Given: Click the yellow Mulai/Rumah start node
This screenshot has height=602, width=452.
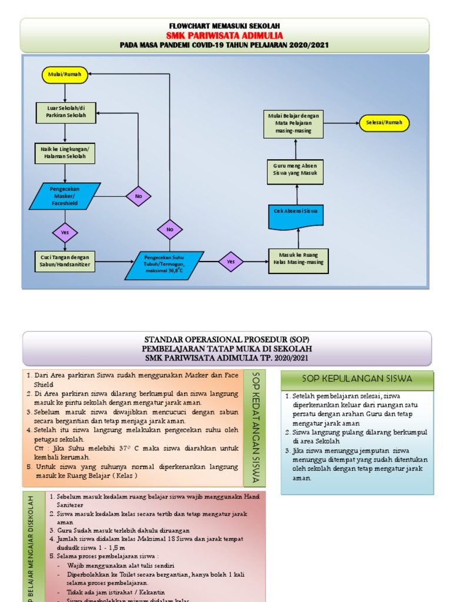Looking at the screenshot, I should pos(65,75).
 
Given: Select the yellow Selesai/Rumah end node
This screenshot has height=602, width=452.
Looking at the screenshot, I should pos(384,123).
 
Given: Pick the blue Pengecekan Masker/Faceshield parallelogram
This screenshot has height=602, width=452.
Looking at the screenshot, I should pos(65,196).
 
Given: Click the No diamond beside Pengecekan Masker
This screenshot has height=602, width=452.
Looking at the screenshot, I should pos(138,196).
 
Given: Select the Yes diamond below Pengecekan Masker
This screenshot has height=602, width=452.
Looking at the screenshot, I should pos(65,232).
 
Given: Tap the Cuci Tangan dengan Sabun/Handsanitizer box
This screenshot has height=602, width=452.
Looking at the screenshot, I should pos(65,261).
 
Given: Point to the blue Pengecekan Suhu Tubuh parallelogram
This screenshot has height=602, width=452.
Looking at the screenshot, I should pos(164,266).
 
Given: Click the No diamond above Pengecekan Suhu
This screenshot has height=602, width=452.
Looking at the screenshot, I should pos(169,229).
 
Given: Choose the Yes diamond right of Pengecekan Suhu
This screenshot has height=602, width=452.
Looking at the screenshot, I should pos(231,262).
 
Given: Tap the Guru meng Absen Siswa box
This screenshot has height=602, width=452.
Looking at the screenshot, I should pos(295,170).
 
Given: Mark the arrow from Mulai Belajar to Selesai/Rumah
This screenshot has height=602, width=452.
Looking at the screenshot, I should pos(341,123).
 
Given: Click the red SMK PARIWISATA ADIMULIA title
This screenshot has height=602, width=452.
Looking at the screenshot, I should pos(224,35).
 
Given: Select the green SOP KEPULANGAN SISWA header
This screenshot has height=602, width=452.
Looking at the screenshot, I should pos(357,379).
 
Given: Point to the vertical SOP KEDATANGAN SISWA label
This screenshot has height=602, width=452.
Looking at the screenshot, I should pos(255,428).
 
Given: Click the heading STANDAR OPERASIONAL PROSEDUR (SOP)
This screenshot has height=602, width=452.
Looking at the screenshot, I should pos(227,340).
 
